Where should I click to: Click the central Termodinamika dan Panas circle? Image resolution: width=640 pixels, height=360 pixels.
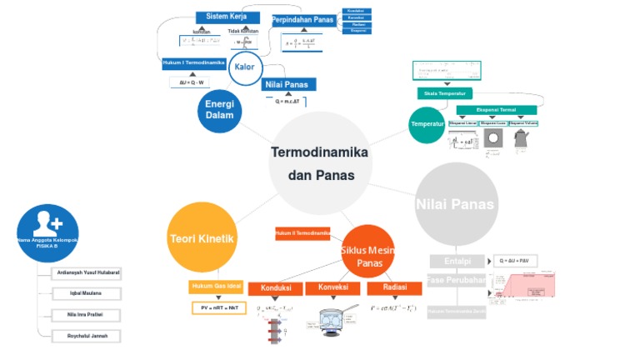(320, 163)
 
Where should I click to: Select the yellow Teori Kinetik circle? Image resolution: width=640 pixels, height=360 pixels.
(202, 239)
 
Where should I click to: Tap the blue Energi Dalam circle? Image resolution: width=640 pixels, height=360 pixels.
(220, 109)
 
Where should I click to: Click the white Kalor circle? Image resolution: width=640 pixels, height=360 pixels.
(245, 67)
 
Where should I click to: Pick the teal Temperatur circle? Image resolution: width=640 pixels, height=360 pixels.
(427, 124)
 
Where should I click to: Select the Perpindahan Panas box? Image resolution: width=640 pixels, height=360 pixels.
(303, 20)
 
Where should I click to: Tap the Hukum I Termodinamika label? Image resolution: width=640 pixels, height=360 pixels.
(194, 62)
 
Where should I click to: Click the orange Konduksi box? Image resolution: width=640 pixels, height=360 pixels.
(276, 288)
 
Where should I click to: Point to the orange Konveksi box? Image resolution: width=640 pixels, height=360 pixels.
(332, 287)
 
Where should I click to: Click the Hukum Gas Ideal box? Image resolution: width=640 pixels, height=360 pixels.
(217, 287)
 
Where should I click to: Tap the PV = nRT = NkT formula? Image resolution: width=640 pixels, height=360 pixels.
(219, 307)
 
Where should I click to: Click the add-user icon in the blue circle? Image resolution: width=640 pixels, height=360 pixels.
(47, 222)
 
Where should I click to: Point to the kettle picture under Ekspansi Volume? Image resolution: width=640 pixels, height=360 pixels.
(522, 139)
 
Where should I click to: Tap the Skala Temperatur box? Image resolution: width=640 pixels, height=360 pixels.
(444, 93)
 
